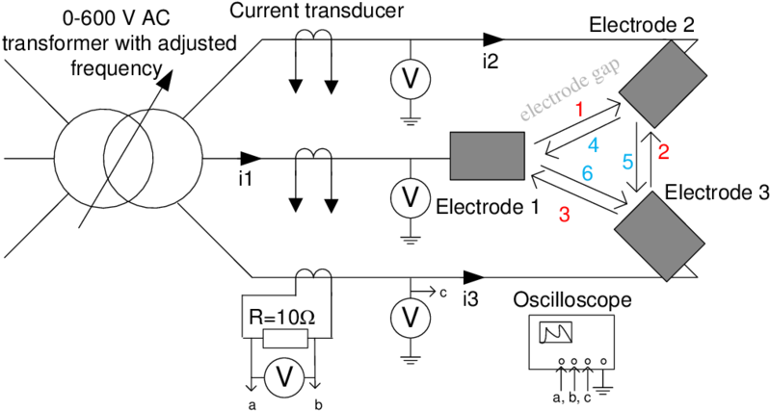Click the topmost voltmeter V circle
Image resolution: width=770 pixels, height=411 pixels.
(x=410, y=78)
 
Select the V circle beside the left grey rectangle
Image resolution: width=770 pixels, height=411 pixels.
(x=410, y=197)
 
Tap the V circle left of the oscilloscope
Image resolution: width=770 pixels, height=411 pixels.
(x=410, y=317)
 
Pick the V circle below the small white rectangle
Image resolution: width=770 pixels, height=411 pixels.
(x=284, y=376)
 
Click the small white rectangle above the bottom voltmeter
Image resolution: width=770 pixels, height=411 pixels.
(x=285, y=339)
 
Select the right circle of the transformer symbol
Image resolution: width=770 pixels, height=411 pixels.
(x=173, y=158)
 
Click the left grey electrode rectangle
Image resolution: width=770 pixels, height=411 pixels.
(x=487, y=156)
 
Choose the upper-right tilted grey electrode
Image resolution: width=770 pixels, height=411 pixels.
(x=663, y=84)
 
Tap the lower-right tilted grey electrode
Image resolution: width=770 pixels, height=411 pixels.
(x=660, y=236)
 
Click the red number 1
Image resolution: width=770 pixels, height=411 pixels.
(x=579, y=110)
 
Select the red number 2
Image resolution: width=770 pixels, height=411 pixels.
(x=663, y=151)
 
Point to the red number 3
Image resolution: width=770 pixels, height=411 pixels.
(x=565, y=215)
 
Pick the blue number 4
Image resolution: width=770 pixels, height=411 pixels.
(x=593, y=145)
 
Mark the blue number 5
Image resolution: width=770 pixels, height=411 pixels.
(x=627, y=162)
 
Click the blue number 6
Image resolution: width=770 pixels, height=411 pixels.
(x=587, y=174)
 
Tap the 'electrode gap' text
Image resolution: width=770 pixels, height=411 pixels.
(x=570, y=91)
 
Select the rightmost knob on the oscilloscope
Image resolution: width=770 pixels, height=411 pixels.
(x=603, y=362)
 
